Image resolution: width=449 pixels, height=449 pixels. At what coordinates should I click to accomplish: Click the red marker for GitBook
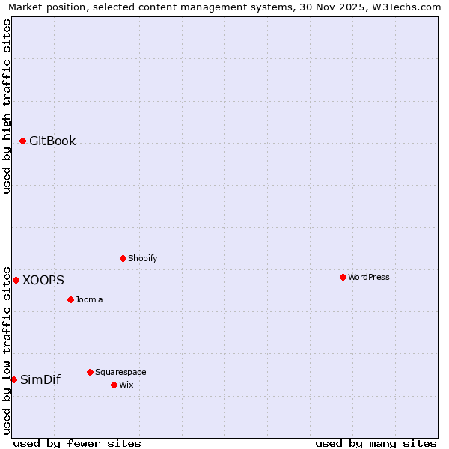click(x=22, y=141)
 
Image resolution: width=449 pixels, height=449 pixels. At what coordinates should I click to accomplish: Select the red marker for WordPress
click(x=343, y=277)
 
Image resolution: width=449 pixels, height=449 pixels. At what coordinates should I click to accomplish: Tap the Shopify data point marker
click(x=123, y=258)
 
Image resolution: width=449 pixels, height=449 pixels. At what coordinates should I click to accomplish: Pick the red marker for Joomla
click(x=70, y=299)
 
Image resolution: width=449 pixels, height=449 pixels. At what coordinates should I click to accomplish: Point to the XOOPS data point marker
click(x=16, y=280)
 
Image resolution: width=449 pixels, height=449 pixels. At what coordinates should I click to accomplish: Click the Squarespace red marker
click(x=90, y=372)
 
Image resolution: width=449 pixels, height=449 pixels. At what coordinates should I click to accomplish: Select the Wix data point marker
click(x=114, y=385)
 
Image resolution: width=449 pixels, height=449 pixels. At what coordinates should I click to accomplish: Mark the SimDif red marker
click(x=13, y=379)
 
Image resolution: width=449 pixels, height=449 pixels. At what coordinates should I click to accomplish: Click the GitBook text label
click(x=52, y=141)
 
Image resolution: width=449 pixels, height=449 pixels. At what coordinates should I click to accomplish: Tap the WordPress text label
click(x=369, y=277)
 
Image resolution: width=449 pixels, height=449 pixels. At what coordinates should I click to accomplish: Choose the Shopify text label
click(x=142, y=258)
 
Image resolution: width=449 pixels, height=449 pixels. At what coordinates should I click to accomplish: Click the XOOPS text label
click(x=43, y=280)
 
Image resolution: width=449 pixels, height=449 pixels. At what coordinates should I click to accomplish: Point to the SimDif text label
click(x=40, y=379)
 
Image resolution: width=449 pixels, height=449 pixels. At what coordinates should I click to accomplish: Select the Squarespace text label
click(x=120, y=372)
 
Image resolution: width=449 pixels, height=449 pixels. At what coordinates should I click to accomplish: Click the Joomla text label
click(x=89, y=299)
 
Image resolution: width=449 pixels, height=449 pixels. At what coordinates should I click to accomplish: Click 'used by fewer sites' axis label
click(x=77, y=443)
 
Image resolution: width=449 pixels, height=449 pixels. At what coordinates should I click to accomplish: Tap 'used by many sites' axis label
click(x=376, y=443)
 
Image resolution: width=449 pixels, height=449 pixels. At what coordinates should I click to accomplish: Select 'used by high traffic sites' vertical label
click(x=7, y=106)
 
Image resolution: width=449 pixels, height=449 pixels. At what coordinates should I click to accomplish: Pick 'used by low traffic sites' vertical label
click(x=7, y=350)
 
